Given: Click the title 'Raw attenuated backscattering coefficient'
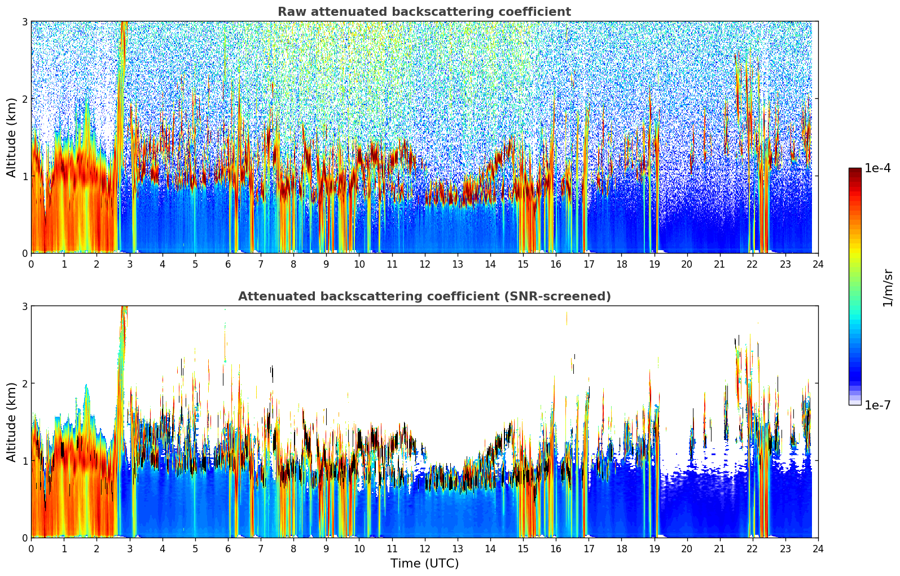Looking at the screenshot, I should pyautogui.click(x=424, y=12).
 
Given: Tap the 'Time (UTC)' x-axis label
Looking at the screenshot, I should pyautogui.click(x=424, y=564).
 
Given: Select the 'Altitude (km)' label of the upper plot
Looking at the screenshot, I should pyautogui.click(x=12, y=137).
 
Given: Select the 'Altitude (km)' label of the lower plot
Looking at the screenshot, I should pyautogui.click(x=12, y=422).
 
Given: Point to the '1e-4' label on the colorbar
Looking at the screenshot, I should pyautogui.click(x=877, y=168).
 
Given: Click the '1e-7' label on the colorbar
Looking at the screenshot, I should pyautogui.click(x=877, y=405).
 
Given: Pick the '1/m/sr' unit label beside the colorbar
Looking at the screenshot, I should pyautogui.click(x=888, y=287).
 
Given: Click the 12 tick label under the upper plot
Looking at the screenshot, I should pyautogui.click(x=424, y=264).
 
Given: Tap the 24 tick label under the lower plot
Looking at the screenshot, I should pyautogui.click(x=818, y=548).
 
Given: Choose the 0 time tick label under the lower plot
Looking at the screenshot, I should pyautogui.click(x=31, y=548).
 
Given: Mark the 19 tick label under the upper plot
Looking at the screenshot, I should pyautogui.click(x=654, y=264).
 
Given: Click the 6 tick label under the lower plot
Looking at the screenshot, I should pyautogui.click(x=228, y=548).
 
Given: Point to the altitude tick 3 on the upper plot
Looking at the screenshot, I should pyautogui.click(x=24, y=21).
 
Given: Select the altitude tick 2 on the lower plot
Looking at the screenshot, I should pyautogui.click(x=24, y=383).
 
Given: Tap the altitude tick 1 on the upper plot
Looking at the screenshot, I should pyautogui.click(x=24, y=176).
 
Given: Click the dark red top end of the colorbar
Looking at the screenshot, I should pyautogui.click(x=854, y=170).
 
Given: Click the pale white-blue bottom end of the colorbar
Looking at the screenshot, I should pyautogui.click(x=854, y=403).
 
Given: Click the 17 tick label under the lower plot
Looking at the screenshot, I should pyautogui.click(x=589, y=548).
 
